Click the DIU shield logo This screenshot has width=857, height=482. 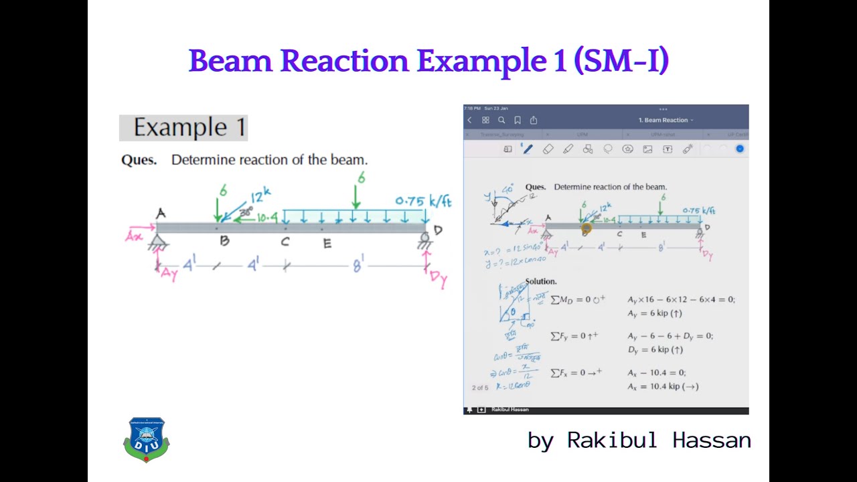tap(146, 440)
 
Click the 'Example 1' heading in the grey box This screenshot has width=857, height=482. tap(189, 127)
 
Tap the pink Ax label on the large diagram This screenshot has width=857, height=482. tap(134, 236)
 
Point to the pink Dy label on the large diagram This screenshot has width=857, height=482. tap(439, 278)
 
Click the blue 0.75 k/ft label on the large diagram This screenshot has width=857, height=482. tap(423, 201)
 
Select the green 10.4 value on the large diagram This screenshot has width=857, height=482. tap(266, 218)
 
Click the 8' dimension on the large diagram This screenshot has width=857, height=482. tap(359, 266)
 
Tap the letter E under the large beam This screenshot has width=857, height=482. tap(327, 244)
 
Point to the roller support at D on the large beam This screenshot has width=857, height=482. tap(424, 238)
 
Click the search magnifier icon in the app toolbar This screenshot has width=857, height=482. tap(501, 120)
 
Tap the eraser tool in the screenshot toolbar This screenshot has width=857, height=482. tap(548, 149)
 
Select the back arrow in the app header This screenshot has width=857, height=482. tap(469, 120)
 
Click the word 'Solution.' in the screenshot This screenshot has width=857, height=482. tap(541, 282)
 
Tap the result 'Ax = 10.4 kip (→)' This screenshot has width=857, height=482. tap(663, 386)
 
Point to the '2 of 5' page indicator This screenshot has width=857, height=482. tap(480, 388)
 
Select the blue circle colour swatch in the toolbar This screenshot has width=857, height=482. tap(740, 149)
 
